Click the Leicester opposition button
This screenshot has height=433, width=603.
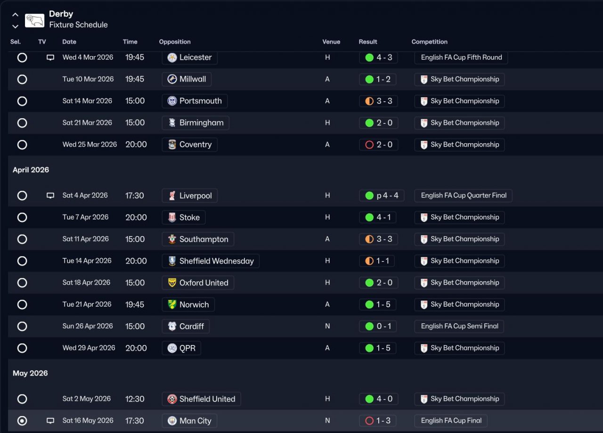tap(190, 57)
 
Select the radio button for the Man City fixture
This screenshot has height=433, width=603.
tap(22, 421)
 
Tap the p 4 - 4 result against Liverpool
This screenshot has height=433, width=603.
tap(381, 196)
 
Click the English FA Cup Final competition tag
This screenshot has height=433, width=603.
tap(451, 421)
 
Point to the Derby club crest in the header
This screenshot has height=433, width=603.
tap(34, 20)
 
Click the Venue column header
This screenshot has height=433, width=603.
tap(331, 42)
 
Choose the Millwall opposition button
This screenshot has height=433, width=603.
tap(187, 79)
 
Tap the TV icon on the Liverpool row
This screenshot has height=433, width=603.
tap(50, 196)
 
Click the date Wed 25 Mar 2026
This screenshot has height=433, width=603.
tap(90, 145)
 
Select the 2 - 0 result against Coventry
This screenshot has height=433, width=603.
tap(378, 145)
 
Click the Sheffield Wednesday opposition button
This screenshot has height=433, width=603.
tap(211, 261)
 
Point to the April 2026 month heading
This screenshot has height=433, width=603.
tap(31, 170)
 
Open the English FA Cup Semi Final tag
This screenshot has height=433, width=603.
tap(459, 326)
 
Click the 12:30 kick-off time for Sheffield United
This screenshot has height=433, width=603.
tap(135, 399)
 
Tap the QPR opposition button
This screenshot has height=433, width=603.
tap(182, 348)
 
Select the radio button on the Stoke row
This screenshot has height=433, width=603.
tap(22, 217)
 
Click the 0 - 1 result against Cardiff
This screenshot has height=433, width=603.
tap(378, 326)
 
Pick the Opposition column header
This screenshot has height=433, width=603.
tap(175, 42)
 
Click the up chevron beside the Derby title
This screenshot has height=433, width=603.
tap(15, 15)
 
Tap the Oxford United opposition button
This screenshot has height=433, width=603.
tap(198, 283)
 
